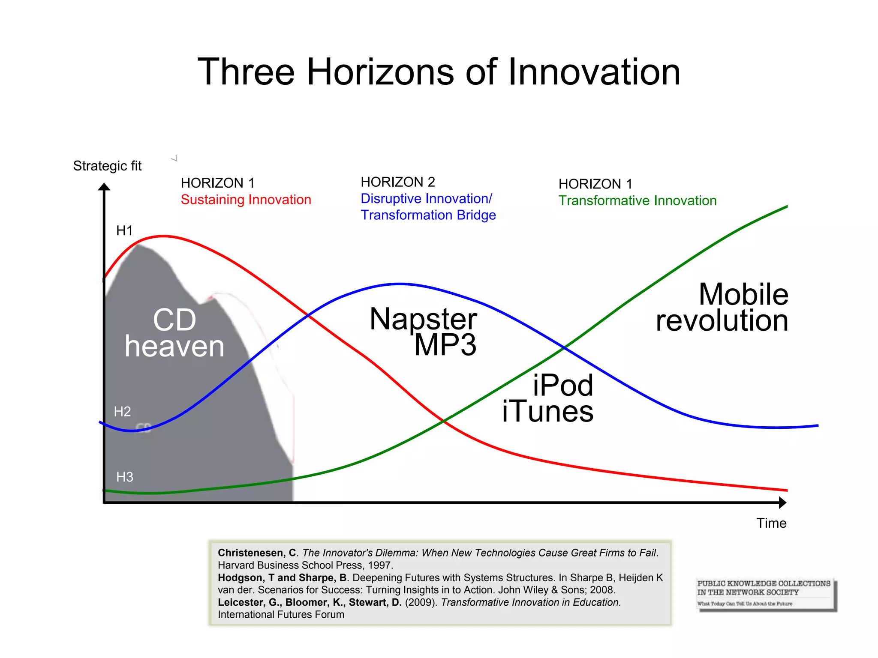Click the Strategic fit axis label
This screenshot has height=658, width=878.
pos(107,166)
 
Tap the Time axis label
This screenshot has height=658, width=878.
pos(771,523)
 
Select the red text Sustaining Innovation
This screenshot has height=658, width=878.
pos(246,200)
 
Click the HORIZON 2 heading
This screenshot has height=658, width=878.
pos(397,182)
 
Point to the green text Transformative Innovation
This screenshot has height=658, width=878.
pos(637,200)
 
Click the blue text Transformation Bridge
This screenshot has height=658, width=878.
pos(428,215)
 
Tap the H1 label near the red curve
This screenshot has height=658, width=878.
pos(124,231)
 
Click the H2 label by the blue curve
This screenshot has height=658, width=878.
pos(122,412)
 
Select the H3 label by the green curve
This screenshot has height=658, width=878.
pos(125,477)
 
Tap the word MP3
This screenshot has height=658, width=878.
pos(445,345)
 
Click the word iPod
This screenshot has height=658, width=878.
pos(562,385)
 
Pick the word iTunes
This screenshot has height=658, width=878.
pos(547,412)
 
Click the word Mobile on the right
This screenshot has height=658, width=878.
pos(743,294)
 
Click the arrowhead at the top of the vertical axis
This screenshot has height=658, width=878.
pos(104,187)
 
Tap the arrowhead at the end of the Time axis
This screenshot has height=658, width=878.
pos(782,502)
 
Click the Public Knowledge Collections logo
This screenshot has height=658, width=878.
pos(766,594)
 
